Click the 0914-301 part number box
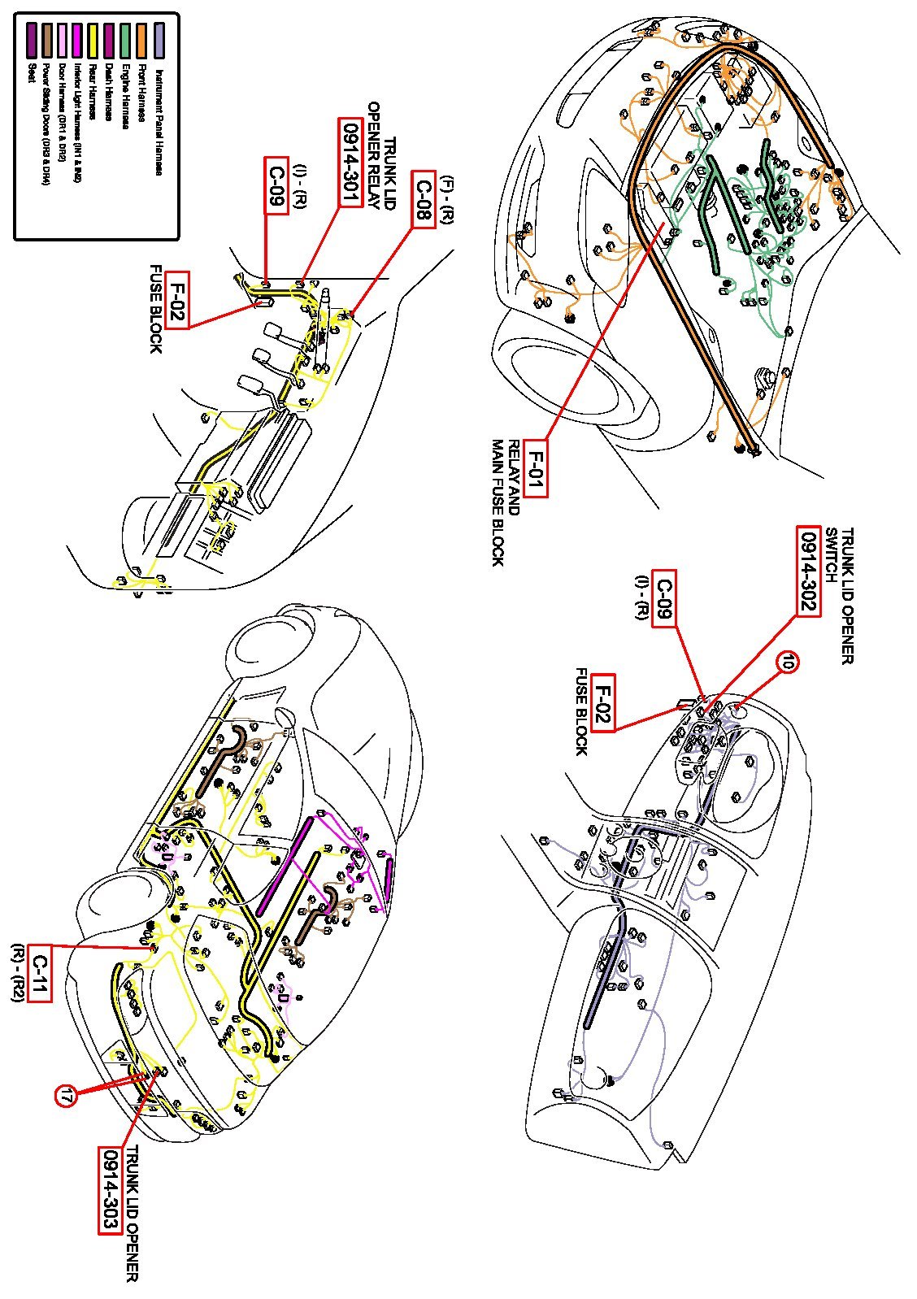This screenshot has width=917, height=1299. click(350, 163)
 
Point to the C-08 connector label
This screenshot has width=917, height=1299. click(423, 200)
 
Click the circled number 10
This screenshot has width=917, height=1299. click(787, 663)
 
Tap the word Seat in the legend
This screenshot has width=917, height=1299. click(33, 72)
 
